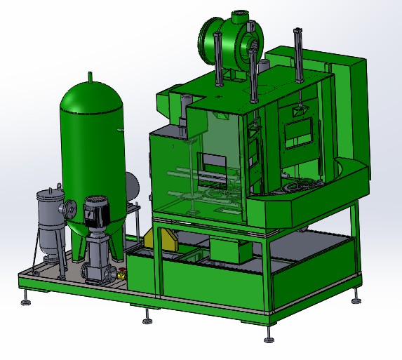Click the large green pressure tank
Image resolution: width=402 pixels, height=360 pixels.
(x=91, y=140)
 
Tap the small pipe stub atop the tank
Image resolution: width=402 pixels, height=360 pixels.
(x=89, y=75)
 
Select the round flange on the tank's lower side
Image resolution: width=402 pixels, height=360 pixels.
(x=70, y=208)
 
